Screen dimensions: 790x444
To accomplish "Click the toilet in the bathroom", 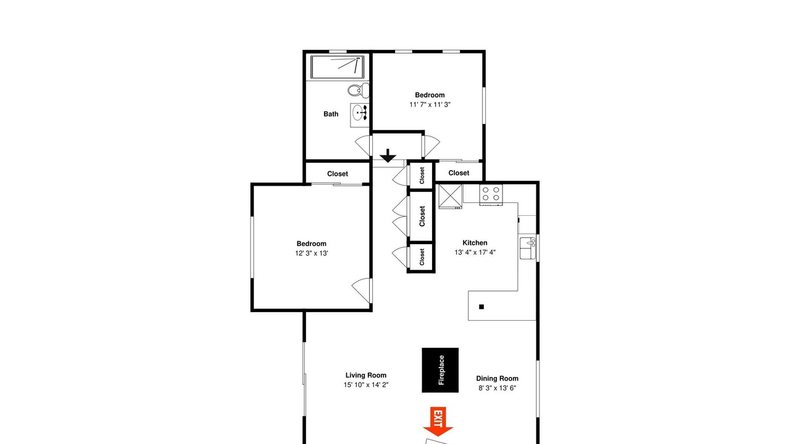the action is point(359,90).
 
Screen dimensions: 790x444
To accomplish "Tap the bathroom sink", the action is point(360,113).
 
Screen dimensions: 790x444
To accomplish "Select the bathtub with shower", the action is point(337,67).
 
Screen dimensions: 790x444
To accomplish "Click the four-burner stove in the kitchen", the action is point(491,194).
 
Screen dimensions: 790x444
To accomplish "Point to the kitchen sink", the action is point(528,248).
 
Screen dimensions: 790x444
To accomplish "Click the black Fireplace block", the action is point(440,370).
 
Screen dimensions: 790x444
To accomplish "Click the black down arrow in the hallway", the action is point(388,156).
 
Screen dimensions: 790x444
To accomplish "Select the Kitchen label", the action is point(475,243).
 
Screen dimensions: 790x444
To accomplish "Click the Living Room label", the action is point(366,376).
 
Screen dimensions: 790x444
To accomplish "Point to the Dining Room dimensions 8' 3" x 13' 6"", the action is point(497,388).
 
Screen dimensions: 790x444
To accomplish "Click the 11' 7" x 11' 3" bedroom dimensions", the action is point(430,105).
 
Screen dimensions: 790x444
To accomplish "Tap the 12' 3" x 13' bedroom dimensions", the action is point(312,253).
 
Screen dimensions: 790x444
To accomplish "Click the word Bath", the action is point(331,114).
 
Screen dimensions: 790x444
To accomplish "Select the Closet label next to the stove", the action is point(459,173).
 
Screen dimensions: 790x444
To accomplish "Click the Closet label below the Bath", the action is point(338,174).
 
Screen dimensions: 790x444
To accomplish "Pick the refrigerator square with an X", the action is point(451,197).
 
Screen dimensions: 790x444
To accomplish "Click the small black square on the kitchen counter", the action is point(481,307).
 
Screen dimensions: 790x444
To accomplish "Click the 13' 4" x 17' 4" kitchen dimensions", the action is point(475,252).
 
